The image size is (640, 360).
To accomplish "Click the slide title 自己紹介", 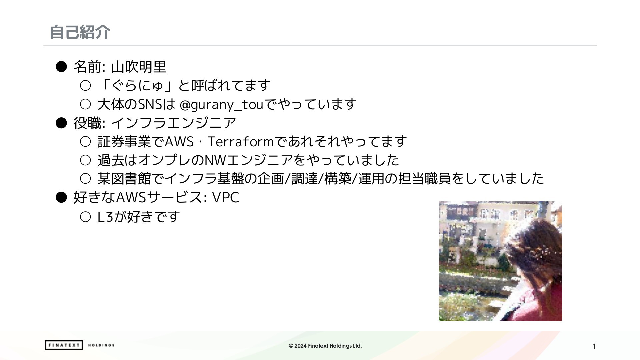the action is (x=80, y=32).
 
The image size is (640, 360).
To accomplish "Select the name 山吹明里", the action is (x=138, y=67).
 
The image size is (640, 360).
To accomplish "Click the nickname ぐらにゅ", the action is (x=137, y=86).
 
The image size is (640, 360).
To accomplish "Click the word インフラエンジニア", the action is (x=174, y=123).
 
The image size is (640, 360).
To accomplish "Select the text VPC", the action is (x=226, y=197).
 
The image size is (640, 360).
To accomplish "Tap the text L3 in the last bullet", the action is (x=105, y=217).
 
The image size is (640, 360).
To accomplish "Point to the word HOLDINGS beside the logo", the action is (x=101, y=345).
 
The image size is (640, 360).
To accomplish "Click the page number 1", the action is (x=594, y=346).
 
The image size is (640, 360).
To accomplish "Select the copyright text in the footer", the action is (x=325, y=346).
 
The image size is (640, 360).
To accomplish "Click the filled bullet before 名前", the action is (x=61, y=67).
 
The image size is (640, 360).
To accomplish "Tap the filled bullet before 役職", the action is (x=61, y=123).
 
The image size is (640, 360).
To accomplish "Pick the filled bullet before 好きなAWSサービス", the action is (x=61, y=197).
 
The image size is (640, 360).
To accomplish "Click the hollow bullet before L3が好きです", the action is (x=85, y=217).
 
